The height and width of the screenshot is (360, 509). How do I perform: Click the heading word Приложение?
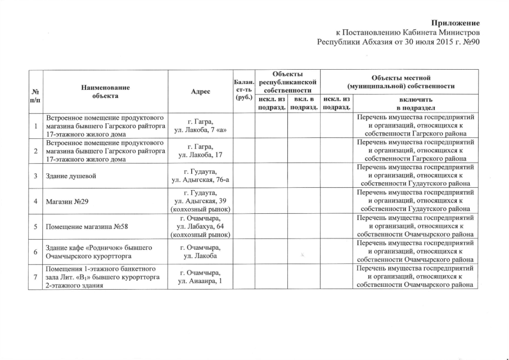pyautogui.click(x=455, y=23)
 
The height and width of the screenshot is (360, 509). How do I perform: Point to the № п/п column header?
pyautogui.click(x=35, y=95)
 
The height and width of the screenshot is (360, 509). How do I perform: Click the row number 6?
pyautogui.click(x=35, y=251)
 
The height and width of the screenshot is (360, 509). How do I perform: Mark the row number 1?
pyautogui.click(x=35, y=125)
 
